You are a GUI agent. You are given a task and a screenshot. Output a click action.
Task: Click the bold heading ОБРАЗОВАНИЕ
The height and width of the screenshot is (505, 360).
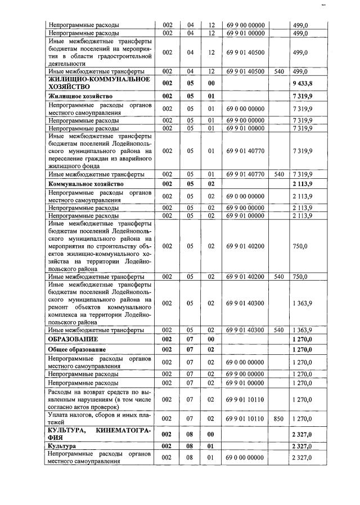pyautogui.click(x=73, y=340)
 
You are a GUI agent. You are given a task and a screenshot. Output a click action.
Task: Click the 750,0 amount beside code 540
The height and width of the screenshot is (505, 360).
pyautogui.click(x=300, y=277)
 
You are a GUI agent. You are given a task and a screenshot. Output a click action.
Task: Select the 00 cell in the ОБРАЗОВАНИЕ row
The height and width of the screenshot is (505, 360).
pyautogui.click(x=211, y=340)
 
